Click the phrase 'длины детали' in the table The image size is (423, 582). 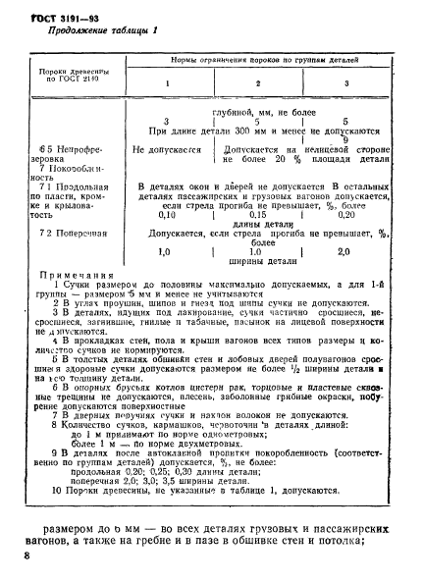tap(257, 223)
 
